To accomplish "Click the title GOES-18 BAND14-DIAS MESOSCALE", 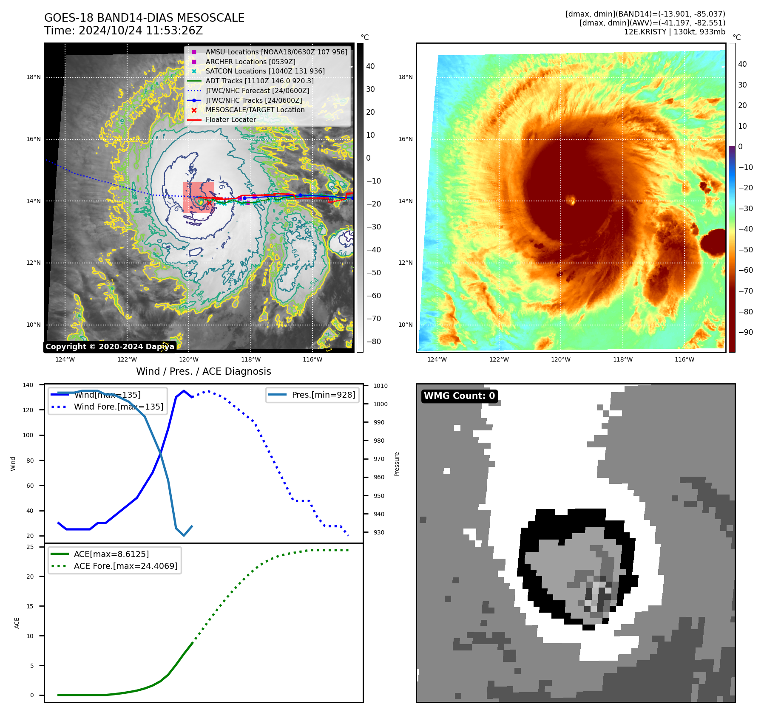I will [144, 18].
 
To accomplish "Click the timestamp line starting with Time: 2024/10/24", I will [123, 31].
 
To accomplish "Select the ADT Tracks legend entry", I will [259, 81].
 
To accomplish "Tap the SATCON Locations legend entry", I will [265, 71].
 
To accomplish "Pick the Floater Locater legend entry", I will [230, 119].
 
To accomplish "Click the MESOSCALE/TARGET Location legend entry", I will [255, 110].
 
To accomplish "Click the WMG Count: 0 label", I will [459, 396].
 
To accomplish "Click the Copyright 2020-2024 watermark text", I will [110, 347].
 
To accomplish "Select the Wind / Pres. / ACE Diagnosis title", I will [203, 371].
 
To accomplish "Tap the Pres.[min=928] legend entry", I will [323, 395].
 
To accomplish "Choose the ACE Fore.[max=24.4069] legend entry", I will [125, 566].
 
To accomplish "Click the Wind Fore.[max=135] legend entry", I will [119, 407].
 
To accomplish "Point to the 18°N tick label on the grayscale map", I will [34, 77].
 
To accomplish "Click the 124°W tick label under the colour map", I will [437, 359].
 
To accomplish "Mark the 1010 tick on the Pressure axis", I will [380, 386].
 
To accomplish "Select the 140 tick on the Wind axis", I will [28, 385].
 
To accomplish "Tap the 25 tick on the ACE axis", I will [30, 547].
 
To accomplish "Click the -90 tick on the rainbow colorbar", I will [745, 332].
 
